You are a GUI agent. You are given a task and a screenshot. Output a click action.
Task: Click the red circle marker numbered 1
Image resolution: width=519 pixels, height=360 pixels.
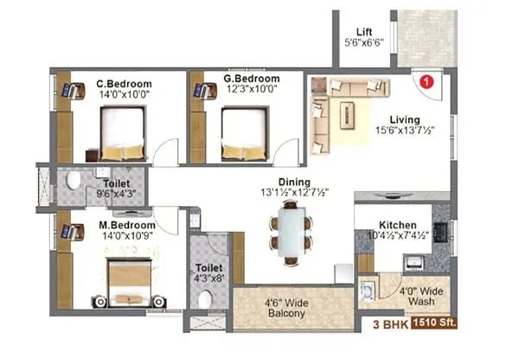point(425,81)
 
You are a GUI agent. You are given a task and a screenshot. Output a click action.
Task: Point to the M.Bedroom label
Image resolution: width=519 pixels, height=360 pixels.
point(124,223)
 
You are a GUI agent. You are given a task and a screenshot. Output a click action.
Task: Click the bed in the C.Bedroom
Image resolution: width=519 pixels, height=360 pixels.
point(122,131)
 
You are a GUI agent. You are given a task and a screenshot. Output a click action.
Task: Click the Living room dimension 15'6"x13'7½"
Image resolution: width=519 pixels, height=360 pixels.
point(404,131)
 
